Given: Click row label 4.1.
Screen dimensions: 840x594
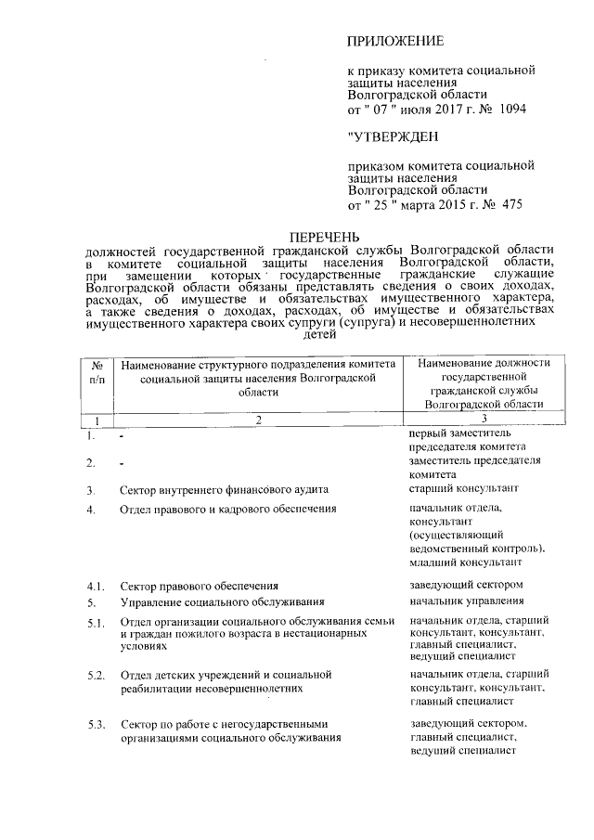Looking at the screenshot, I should (x=96, y=586).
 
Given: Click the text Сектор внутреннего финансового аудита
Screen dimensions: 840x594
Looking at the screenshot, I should (x=223, y=489).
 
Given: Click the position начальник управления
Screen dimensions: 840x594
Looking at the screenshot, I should (x=467, y=601).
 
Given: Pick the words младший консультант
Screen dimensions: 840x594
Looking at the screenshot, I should (x=465, y=562).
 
